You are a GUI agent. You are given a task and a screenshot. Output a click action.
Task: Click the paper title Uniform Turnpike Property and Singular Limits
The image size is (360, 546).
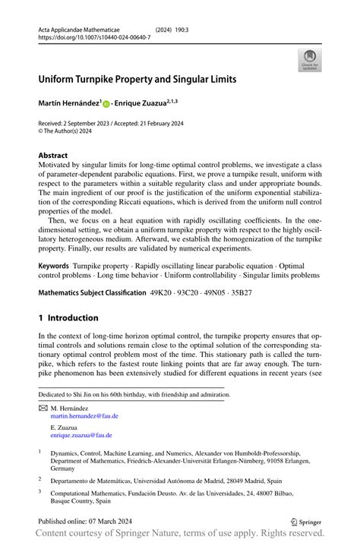(x=149, y=78)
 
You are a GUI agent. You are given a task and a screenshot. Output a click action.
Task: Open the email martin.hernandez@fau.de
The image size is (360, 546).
(x=84, y=416)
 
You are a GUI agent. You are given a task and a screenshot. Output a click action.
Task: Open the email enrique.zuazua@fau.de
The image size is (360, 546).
(x=81, y=435)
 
